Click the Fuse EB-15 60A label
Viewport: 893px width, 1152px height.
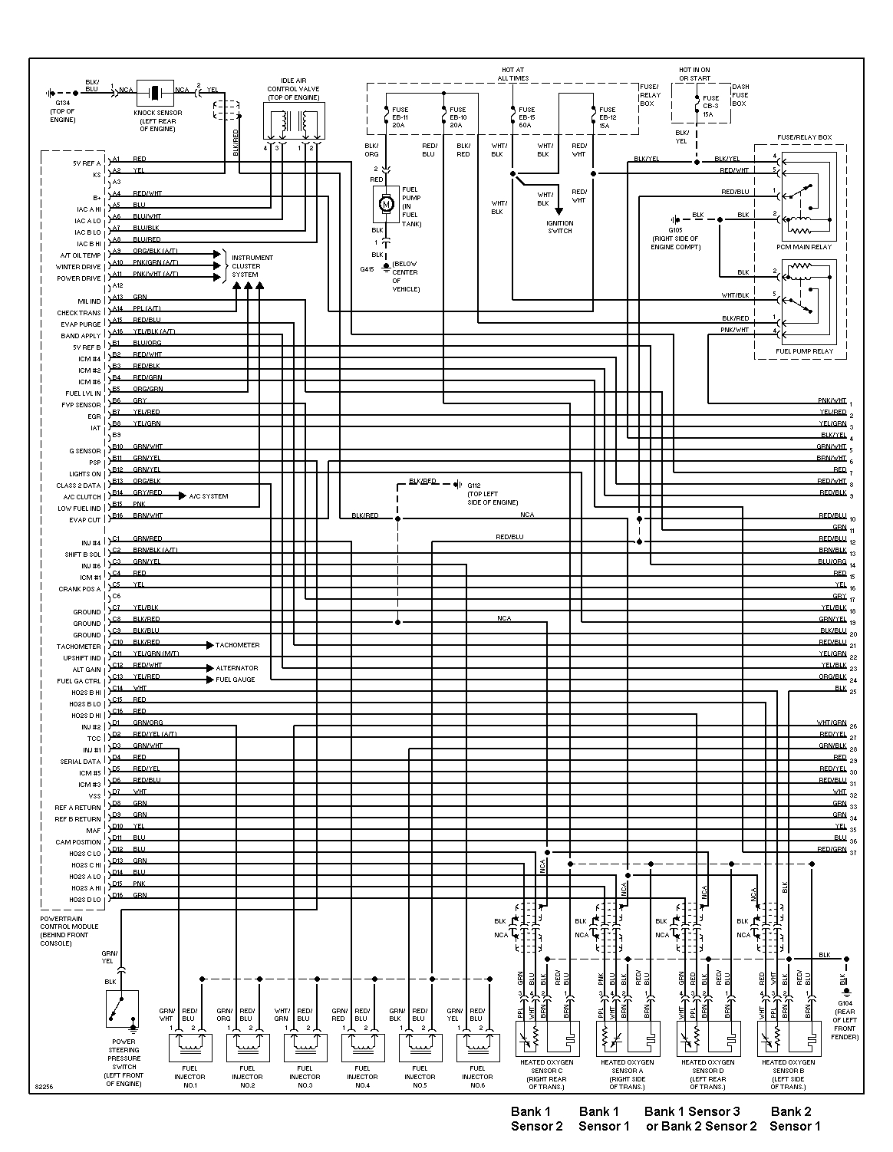pos(526,117)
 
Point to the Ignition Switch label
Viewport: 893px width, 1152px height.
pos(559,226)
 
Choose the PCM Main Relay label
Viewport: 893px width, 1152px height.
pos(804,247)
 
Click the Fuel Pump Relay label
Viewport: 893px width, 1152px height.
pos(804,351)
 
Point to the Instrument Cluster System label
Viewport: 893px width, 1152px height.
pos(252,266)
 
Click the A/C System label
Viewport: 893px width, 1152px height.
pos(208,496)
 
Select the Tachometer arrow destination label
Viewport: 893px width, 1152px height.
pos(237,645)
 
